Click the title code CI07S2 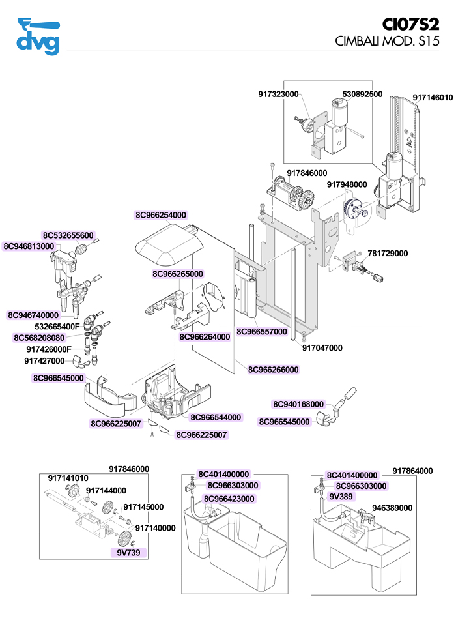[410, 24]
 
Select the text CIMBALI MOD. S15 [387, 40]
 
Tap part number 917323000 [278, 95]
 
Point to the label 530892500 [362, 94]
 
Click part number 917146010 [432, 97]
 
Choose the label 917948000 [347, 184]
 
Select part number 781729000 [388, 253]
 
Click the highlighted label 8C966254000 [161, 214]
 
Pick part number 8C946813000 [29, 246]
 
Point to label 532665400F [57, 326]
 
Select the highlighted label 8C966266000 [273, 370]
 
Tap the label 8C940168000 [298, 404]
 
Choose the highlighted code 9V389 [341, 496]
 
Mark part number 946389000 [392, 508]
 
